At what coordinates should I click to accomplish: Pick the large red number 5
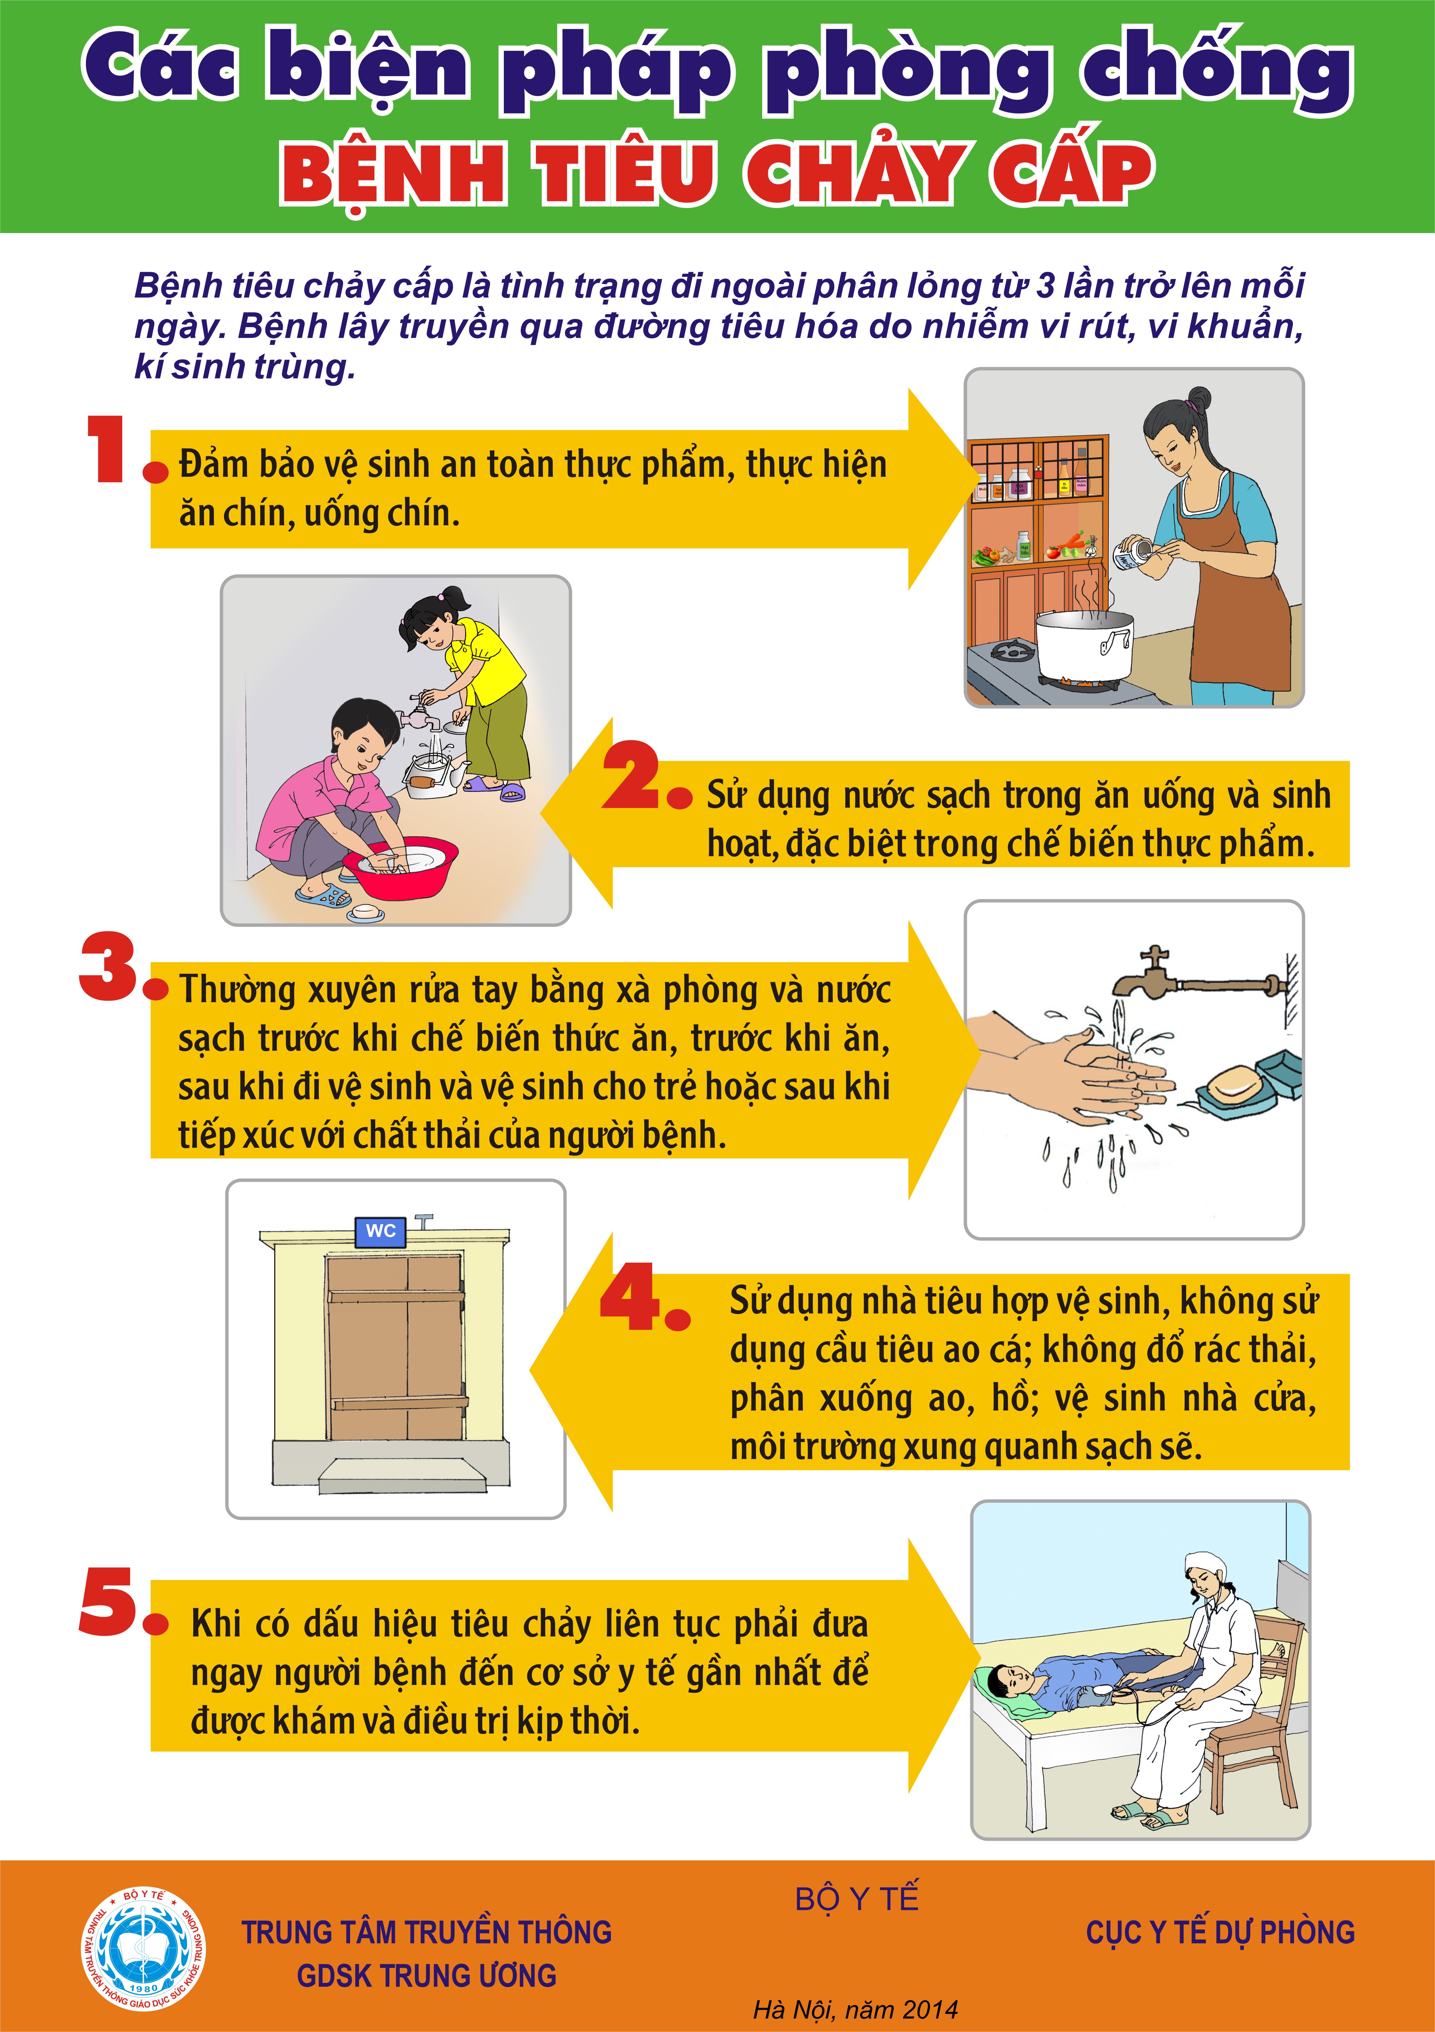click(x=108, y=1602)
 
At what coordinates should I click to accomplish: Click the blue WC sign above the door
click(x=380, y=1231)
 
